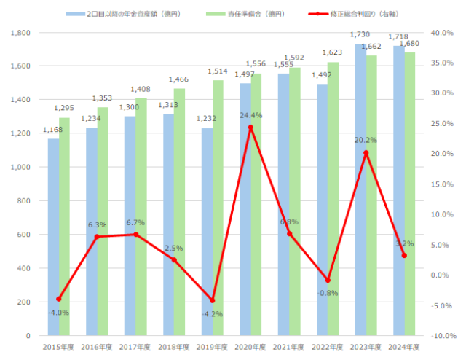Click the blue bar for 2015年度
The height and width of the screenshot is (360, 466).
click(53, 237)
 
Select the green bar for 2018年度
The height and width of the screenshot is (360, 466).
click(179, 211)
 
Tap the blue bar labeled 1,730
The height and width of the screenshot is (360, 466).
click(360, 189)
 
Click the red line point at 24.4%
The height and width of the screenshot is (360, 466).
click(250, 128)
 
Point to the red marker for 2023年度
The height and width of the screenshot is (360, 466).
click(366, 153)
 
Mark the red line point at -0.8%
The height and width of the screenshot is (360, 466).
click(328, 280)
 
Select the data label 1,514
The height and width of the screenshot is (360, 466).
click(218, 72)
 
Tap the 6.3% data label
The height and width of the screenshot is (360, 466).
click(97, 225)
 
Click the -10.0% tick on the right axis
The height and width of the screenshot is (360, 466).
click(442, 336)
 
